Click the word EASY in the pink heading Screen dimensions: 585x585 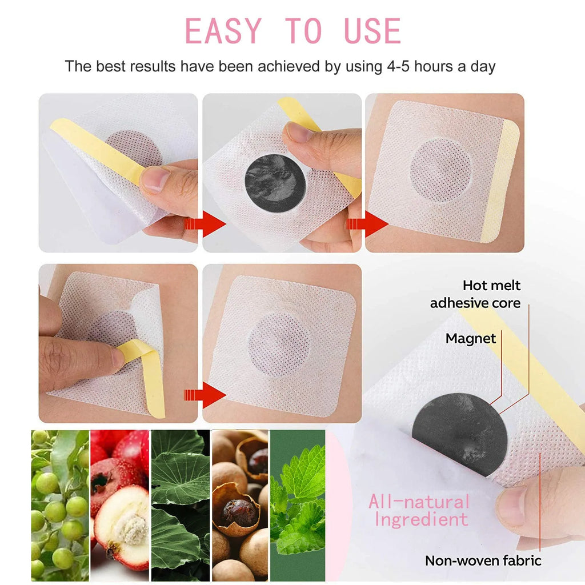coord(223,31)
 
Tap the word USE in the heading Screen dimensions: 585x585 coord(372,31)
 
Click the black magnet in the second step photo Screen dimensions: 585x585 coord(275,183)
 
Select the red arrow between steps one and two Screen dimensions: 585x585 coord(205,224)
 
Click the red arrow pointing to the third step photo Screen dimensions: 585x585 coord(367,224)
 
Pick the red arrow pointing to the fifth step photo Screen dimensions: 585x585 coord(205,395)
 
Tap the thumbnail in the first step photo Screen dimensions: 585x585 coord(155,179)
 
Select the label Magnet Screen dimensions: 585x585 coord(471,338)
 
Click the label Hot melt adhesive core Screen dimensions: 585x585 coord(475,294)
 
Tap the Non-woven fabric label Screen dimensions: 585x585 coord(483,560)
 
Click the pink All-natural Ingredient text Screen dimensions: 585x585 coord(419,510)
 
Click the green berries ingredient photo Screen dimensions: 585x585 coord(60,505)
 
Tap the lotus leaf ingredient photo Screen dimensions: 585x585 coord(181,505)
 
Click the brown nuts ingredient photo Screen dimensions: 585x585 coord(240,505)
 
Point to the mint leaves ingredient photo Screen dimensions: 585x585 coord(298,505)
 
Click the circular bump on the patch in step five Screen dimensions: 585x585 coord(279,343)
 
